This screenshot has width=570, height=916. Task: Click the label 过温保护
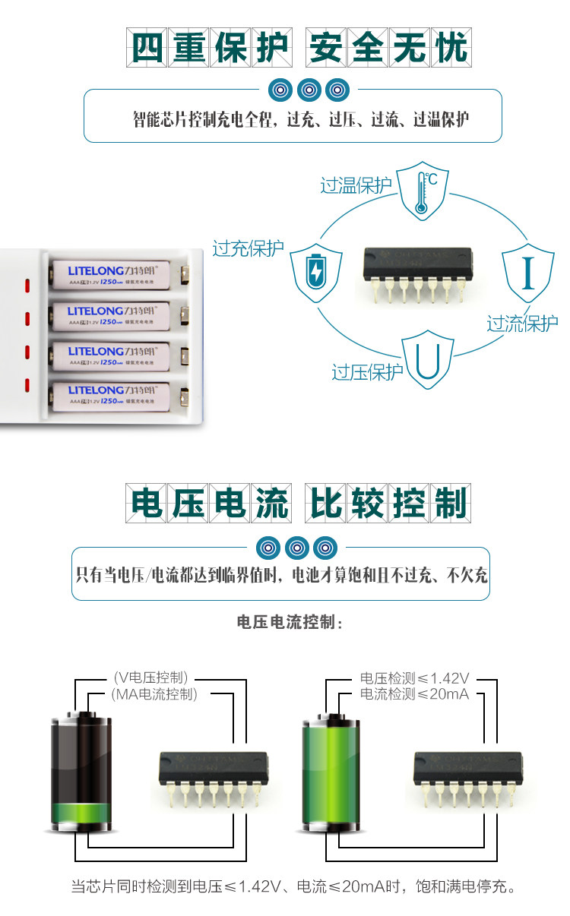(x=356, y=185)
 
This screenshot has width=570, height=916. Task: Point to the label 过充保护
(x=248, y=248)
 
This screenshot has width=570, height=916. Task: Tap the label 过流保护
(x=522, y=324)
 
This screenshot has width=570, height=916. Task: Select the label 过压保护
(x=367, y=372)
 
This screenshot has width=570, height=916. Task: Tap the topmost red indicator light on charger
(x=27, y=286)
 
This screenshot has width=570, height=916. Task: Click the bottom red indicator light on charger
(x=27, y=385)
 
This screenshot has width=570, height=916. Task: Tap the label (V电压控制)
(x=150, y=678)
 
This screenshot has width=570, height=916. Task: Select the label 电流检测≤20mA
(x=414, y=693)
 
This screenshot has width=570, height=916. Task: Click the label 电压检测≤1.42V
(x=414, y=678)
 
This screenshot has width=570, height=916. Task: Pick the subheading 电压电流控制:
(x=290, y=624)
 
